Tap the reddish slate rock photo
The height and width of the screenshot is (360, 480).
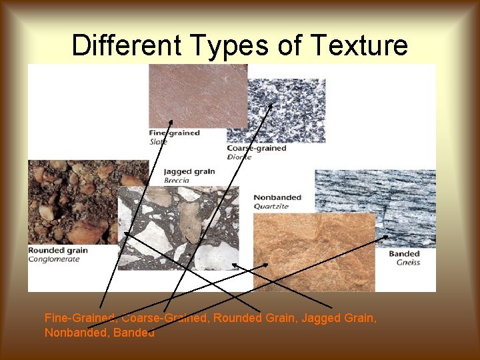click(198, 95)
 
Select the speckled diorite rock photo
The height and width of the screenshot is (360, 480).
click(285, 110)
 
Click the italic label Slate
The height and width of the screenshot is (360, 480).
click(159, 141)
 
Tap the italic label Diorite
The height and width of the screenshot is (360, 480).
click(239, 157)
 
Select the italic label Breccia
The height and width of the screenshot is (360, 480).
click(177, 180)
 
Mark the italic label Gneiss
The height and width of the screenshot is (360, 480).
click(407, 263)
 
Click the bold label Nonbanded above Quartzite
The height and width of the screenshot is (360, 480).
click(277, 197)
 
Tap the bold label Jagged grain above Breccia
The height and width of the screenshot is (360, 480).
click(189, 171)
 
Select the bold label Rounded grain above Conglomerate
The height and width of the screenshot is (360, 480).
click(58, 251)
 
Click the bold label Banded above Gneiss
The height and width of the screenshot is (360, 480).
click(405, 254)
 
